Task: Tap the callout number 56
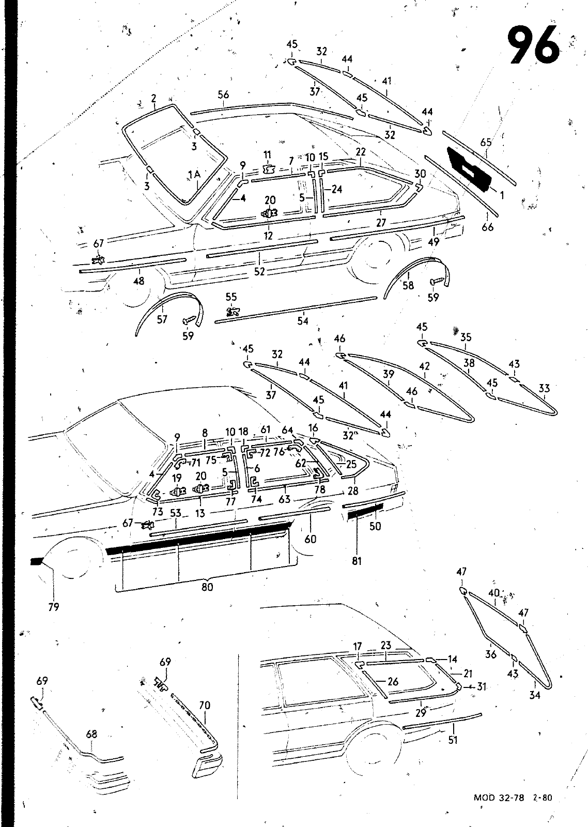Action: pyautogui.click(x=223, y=95)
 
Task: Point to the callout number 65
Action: pyautogui.click(x=486, y=142)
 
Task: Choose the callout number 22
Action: pyautogui.click(x=361, y=152)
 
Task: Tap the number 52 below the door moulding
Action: pyautogui.click(x=259, y=271)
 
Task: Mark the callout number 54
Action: pyautogui.click(x=303, y=321)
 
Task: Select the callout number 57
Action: pyautogui.click(x=162, y=319)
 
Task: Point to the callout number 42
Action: pyautogui.click(x=425, y=366)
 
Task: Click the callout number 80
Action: pyautogui.click(x=207, y=587)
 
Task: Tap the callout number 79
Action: pyautogui.click(x=54, y=607)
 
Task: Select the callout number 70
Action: pyautogui.click(x=205, y=705)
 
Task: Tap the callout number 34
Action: pyautogui.click(x=534, y=695)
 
